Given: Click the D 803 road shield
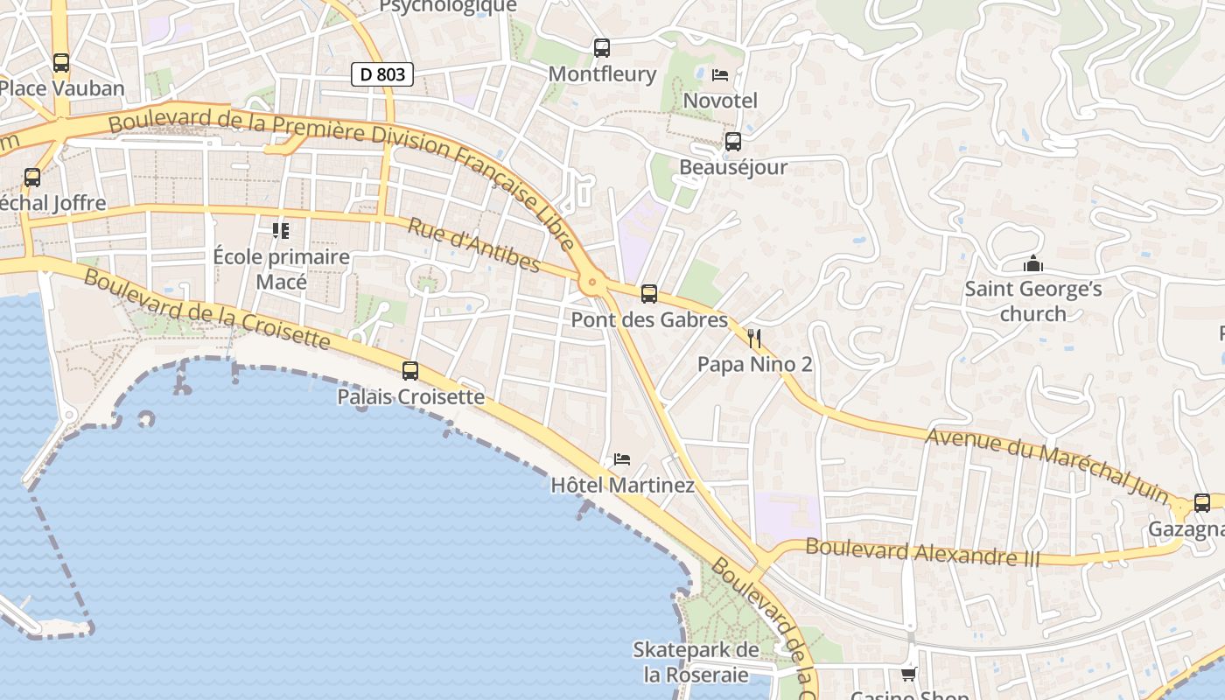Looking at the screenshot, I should point(382,74).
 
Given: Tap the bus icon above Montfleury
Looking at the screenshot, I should point(601,48).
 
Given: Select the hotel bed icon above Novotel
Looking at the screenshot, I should point(720,75).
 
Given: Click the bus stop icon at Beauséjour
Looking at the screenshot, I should point(733,141).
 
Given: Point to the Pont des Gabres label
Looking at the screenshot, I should point(649,320).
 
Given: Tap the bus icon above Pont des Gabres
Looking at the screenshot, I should point(649,294).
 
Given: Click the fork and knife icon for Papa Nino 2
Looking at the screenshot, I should point(754,339).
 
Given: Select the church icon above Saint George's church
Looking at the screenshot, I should point(1033,263).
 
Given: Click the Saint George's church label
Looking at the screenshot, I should point(1033,301).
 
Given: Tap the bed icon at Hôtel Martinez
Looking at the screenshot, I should point(622,458).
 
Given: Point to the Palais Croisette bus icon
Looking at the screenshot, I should point(410,371).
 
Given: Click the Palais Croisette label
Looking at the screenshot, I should point(411,397).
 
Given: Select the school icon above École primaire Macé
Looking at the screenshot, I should point(281,231).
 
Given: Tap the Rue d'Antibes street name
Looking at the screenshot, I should point(473,244).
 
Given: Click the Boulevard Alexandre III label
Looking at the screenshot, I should point(922,552).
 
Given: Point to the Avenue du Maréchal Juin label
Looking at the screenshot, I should point(1047,465).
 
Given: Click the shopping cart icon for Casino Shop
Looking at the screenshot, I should point(909,674).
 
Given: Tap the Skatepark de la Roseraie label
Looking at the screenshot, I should point(696,662).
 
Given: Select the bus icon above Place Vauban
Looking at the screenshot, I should point(60,63).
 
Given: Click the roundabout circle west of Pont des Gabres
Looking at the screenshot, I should point(592,282).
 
